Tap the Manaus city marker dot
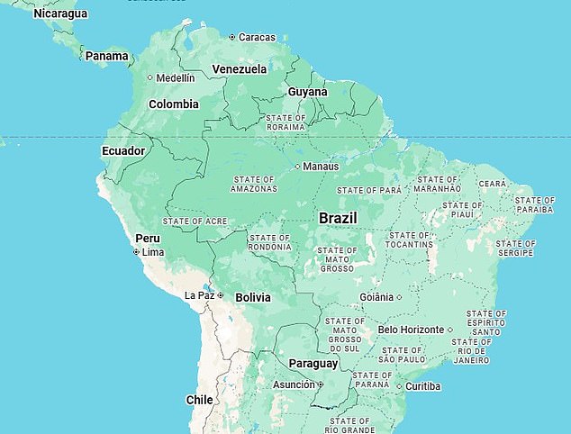click(298, 167)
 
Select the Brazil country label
click(339, 218)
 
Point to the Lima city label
click(154, 252)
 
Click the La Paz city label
click(199, 295)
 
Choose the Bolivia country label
click(253, 296)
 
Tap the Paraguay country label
click(313, 364)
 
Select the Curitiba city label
click(422, 386)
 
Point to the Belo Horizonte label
click(411, 330)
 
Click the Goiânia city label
click(376, 296)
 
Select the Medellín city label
click(175, 77)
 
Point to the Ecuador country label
click(122, 150)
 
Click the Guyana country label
click(307, 92)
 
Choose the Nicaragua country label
click(60, 14)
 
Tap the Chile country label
click(199, 399)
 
